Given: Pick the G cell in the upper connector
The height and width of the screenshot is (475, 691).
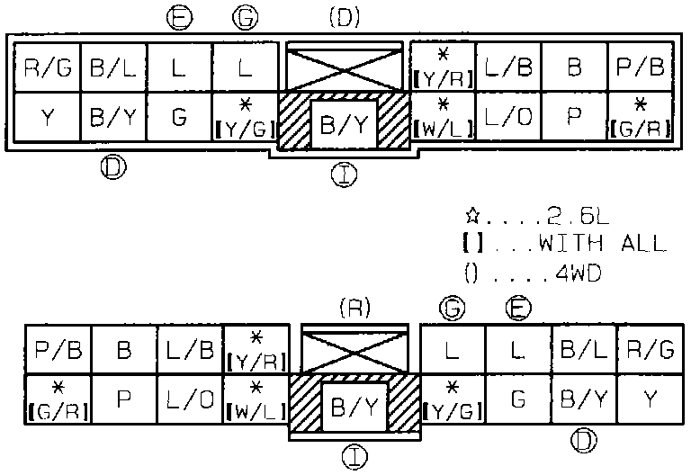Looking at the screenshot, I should (179, 119).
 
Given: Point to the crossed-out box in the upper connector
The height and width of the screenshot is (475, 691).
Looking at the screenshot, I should (344, 66).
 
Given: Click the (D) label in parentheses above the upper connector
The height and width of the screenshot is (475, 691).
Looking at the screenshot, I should (344, 17).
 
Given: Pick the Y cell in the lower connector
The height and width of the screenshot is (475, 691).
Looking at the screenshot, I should (650, 398).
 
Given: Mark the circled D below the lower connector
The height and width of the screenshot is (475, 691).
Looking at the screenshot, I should (585, 439).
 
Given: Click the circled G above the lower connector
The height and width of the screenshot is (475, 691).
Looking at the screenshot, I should (454, 308).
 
